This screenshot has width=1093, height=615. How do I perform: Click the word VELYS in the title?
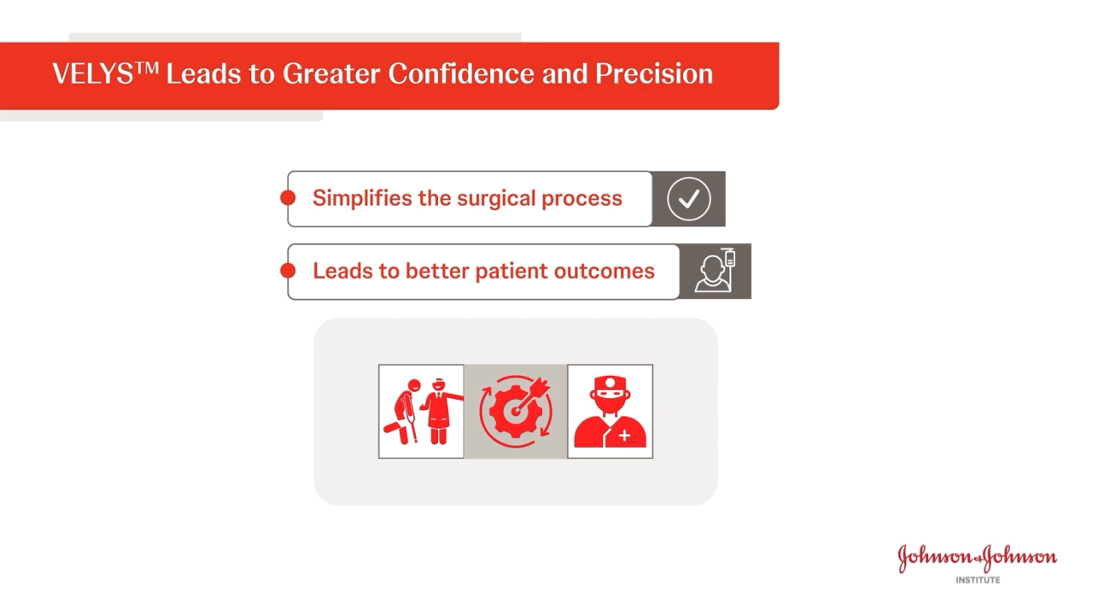click(93, 74)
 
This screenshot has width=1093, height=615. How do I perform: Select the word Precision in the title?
click(654, 73)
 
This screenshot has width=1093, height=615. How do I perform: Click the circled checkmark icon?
click(688, 199)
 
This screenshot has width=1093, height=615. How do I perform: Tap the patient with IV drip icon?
click(716, 271)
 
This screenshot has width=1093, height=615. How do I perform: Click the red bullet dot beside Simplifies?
click(288, 198)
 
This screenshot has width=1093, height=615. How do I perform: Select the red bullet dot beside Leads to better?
click(288, 271)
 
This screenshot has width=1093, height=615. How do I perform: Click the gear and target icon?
click(516, 411)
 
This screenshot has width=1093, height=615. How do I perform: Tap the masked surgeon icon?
click(610, 412)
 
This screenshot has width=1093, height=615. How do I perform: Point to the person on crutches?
click(403, 412)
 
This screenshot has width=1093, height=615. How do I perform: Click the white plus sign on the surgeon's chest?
click(625, 436)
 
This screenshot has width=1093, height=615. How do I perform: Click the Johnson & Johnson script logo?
click(978, 558)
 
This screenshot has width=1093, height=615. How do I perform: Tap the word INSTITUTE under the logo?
click(978, 580)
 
